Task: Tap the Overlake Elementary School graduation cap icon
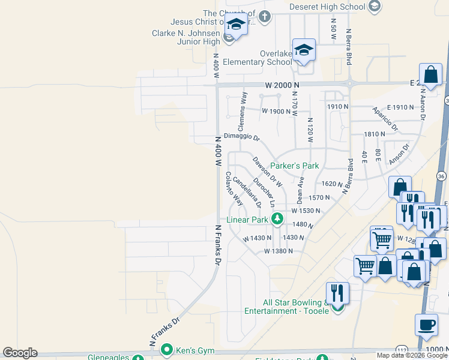304,50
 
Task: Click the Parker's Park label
294,166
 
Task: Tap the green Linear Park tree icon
277,220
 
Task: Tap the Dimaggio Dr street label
241,137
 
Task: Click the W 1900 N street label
276,111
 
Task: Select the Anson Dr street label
399,154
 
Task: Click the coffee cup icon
426,325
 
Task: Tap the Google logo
20,353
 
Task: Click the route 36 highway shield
441,176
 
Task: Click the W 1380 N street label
278,251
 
